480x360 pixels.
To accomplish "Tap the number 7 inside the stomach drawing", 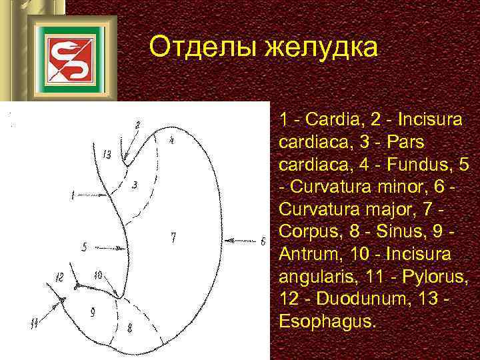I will point(173,237).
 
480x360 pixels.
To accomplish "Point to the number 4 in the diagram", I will point(171,141).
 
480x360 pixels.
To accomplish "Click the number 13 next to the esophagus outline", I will point(107,155).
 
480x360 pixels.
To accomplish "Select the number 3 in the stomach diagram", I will point(135,185).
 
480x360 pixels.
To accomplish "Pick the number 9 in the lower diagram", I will point(92,311).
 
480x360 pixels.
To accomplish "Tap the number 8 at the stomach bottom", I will point(129,327).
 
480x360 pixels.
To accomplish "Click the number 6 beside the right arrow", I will point(263,241).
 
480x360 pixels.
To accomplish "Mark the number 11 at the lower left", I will point(33,324).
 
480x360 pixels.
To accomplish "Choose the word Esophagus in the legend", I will point(327,322).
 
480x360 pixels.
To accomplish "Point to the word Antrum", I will point(309,255).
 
